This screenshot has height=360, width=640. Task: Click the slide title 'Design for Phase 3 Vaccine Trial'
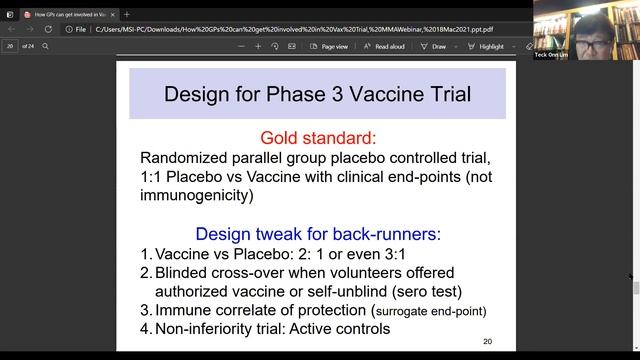pos(317,95)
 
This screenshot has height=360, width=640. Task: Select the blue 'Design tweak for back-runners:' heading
pos(317,234)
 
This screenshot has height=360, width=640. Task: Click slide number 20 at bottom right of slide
pos(487,341)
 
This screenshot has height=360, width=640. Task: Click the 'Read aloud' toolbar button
pos(384,46)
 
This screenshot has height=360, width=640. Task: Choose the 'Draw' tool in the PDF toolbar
pos(433,46)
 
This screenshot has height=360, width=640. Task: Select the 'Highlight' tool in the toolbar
pos(486,46)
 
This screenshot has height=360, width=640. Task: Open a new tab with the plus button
pos(127,14)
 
